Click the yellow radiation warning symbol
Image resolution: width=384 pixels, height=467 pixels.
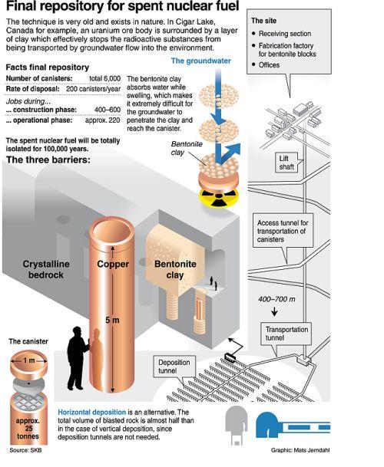219,196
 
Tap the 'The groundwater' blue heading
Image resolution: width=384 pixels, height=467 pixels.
200,61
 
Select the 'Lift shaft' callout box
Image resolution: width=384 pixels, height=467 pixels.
286,163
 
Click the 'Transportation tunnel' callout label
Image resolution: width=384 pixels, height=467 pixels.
286,334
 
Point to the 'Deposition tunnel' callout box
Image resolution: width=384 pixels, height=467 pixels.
174,367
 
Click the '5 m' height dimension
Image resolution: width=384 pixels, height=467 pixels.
112,321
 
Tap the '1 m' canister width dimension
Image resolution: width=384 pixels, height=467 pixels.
29,360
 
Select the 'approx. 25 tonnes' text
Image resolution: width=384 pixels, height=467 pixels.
28,429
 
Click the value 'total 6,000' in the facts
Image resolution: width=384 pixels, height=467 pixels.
104,78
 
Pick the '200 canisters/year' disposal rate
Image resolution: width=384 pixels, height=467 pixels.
94,89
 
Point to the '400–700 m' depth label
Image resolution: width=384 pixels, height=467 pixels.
276,299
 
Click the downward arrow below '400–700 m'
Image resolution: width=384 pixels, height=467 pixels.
274,311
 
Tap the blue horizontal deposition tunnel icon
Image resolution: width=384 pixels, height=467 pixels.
293,426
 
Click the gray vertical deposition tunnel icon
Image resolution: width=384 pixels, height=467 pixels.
237,426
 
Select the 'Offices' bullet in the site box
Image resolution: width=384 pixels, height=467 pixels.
269,65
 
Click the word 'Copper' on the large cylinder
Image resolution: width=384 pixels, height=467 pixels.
113,265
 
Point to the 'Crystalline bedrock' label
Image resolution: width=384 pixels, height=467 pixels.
46,269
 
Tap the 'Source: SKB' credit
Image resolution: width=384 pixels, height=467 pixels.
25,450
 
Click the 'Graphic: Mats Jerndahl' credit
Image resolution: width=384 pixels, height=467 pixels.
300,450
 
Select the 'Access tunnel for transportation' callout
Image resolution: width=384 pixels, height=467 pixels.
283,231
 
